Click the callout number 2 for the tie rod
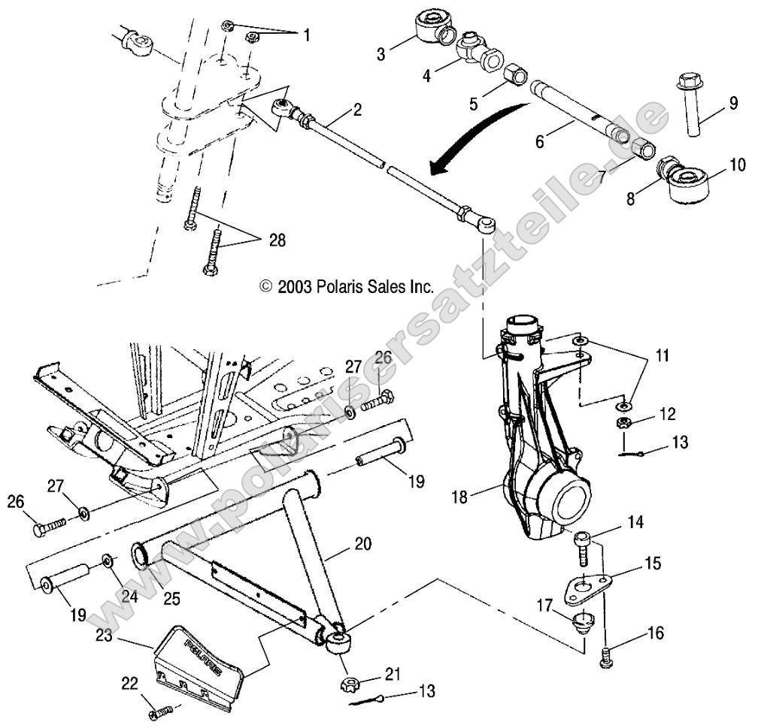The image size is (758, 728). coord(357,110)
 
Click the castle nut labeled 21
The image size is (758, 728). coord(348,684)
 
